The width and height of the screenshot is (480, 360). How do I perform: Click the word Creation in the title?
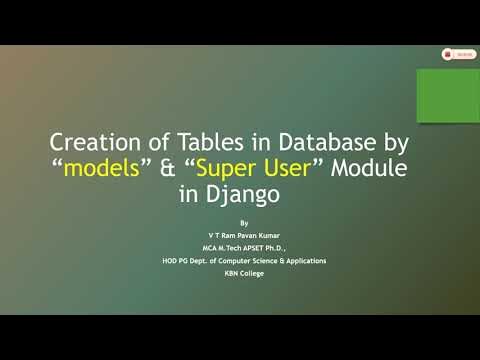coord(90,142)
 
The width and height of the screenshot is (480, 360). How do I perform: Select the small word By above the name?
coord(245,222)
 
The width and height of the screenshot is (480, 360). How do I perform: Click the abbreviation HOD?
coord(172,261)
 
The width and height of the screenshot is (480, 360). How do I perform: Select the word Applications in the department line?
coord(305,261)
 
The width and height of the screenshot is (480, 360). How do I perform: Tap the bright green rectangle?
coord(447,95)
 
